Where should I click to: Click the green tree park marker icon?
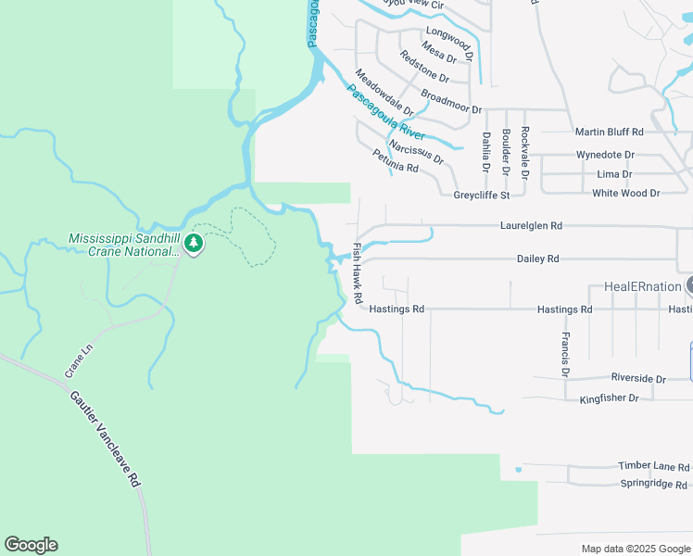193,244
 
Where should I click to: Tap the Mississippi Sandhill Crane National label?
124,245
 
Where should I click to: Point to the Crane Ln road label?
80,360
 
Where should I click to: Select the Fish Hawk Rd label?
357,274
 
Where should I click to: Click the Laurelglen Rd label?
531,225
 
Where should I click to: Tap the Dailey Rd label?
537,259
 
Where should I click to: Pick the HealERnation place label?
643,286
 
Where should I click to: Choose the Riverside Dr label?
638,379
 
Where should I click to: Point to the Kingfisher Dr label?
609,398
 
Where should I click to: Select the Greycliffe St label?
482,196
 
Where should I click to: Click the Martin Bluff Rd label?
609,133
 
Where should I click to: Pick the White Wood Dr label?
625,193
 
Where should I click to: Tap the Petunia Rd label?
396,162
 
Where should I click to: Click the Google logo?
31,545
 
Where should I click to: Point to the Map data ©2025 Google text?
635,549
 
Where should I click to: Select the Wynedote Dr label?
605,155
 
